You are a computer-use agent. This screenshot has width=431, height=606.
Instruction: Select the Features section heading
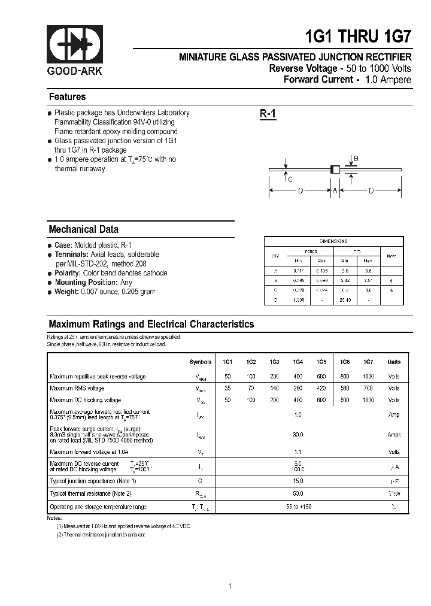(x=67, y=97)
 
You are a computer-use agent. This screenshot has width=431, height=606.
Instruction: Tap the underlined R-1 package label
(x=268, y=114)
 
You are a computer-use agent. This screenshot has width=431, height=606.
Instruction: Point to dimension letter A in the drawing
(x=335, y=190)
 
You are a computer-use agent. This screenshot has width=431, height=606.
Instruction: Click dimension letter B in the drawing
(x=356, y=159)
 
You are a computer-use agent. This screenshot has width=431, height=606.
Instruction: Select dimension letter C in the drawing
(x=290, y=179)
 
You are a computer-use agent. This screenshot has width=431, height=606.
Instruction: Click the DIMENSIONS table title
(x=333, y=241)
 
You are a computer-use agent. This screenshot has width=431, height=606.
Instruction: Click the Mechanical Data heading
(x=83, y=229)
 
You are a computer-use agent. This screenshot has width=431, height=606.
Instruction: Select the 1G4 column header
(x=298, y=362)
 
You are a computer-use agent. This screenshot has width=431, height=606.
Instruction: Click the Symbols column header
(x=201, y=362)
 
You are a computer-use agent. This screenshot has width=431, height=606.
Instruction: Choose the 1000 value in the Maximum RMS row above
(x=368, y=377)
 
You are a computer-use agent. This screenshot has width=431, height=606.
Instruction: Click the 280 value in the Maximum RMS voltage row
(x=298, y=388)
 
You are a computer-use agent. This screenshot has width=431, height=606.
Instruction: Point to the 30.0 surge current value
(x=298, y=435)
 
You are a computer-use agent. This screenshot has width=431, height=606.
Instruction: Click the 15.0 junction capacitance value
(x=298, y=481)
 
